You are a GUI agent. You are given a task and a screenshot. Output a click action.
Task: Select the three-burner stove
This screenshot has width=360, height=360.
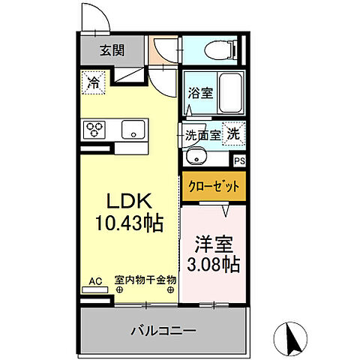[94, 130]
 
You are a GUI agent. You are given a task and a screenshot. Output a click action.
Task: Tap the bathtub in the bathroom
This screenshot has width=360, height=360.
[227, 95]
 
